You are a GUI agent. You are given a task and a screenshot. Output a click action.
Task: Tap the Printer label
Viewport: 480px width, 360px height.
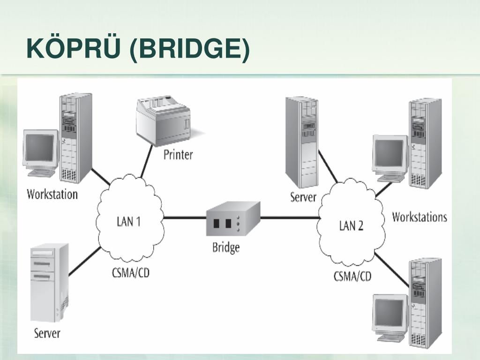tap(178, 155)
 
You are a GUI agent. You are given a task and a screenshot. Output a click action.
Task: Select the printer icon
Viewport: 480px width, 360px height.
tap(166, 120)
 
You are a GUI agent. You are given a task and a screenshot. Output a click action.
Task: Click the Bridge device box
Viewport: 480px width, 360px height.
tap(233, 218)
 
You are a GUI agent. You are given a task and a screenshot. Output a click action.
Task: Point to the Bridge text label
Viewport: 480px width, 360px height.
tap(226, 247)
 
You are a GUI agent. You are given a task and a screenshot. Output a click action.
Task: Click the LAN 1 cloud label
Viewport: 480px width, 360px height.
tap(128, 221)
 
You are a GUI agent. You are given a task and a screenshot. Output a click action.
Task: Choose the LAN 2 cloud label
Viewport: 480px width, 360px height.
tap(351, 225)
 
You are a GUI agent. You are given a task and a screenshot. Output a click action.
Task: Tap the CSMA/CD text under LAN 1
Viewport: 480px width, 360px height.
tap(131, 272)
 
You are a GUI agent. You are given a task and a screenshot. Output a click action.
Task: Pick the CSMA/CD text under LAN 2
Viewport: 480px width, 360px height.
tap(352, 276)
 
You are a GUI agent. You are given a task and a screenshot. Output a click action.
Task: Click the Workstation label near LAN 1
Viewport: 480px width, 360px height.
tap(52, 195)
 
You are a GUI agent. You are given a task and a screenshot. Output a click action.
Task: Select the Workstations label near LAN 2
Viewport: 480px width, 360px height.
tap(420, 217)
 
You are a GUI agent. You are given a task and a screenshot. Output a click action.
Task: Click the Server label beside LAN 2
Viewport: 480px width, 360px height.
tap(303, 197)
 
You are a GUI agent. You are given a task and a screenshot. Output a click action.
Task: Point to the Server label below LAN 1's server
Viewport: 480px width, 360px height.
tap(47, 333)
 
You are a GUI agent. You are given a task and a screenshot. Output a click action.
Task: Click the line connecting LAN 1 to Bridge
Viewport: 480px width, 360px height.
tap(185, 218)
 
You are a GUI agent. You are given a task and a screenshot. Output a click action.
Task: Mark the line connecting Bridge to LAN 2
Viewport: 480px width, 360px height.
tap(290, 218)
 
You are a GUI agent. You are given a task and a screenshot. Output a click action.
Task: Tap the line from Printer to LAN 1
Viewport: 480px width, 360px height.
tap(146, 161)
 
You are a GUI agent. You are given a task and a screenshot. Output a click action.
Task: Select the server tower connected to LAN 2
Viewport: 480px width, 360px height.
tap(302, 142)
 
